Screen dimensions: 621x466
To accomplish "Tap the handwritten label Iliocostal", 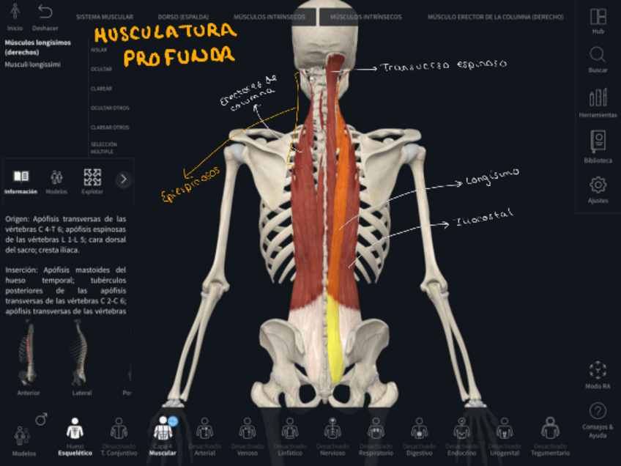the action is tap(483, 216).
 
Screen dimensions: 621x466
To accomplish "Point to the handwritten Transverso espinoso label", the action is tap(443, 67).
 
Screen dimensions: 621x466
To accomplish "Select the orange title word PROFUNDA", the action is tap(179, 56).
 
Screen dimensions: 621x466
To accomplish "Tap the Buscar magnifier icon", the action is tap(598, 56).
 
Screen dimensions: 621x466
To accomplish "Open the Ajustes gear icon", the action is tap(598, 185).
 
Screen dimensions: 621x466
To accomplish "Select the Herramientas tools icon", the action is tap(598, 97).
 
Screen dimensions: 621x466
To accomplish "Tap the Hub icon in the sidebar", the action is tap(598, 17).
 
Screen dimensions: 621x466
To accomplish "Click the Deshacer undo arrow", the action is tap(45, 12).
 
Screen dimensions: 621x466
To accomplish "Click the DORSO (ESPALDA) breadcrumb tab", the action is tap(182, 16).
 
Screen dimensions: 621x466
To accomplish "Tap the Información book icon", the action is tap(21, 177).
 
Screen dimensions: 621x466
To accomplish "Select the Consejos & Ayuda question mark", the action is tap(598, 411).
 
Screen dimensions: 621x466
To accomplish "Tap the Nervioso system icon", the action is tap(333, 428).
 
